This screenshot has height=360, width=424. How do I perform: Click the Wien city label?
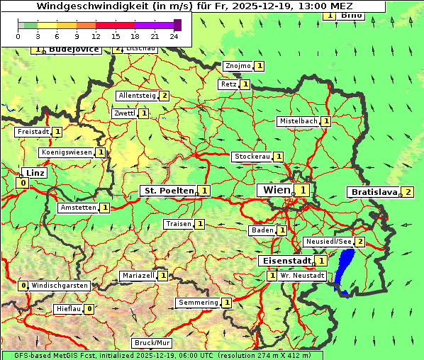tap(276, 190)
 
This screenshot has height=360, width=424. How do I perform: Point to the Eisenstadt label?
tap(285, 261)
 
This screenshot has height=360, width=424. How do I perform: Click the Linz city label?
tap(34, 173)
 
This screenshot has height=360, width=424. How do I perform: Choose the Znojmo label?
tap(238, 66)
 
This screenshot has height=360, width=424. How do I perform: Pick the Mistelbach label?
tap(298, 121)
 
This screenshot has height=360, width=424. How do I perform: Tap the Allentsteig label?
tap(137, 96)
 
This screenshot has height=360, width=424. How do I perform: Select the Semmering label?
tap(198, 303)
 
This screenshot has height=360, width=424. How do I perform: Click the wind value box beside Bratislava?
tap(408, 192)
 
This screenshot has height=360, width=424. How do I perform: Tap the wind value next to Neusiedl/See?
tap(360, 242)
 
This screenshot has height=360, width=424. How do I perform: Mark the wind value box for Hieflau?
tap(89, 309)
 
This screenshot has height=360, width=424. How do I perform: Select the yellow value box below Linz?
tap(23, 183)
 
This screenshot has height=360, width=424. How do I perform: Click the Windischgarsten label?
tap(60, 286)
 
